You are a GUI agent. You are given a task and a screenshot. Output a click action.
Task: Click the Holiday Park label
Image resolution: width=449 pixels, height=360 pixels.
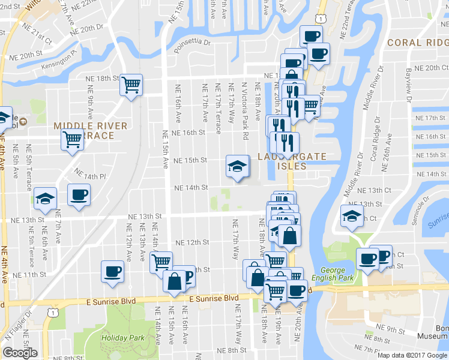click(122, 338)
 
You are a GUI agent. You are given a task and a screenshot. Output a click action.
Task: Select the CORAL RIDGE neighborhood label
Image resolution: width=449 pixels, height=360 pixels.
click(418, 43)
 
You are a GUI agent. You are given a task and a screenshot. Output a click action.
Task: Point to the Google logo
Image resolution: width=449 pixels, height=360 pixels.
click(20, 353)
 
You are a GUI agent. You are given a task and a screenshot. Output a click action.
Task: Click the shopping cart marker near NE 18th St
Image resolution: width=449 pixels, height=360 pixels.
click(131, 85)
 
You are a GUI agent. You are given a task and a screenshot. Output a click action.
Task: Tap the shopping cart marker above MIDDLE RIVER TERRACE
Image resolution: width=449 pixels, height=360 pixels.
click(72, 140)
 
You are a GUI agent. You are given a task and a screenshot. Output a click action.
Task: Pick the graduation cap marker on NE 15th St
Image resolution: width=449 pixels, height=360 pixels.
click(237, 165)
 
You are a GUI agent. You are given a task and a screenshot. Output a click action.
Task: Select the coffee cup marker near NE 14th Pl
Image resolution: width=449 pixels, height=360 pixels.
click(79, 194)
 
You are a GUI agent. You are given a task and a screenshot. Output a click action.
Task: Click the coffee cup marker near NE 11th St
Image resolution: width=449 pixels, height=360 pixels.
click(112, 271)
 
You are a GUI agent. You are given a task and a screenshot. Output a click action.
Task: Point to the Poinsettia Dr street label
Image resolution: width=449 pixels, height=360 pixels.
click(193, 43)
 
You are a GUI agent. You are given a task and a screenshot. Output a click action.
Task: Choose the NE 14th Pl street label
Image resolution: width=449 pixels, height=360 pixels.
click(90, 176)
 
